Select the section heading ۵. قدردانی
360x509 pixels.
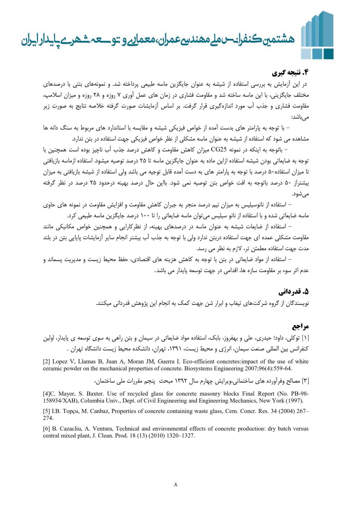coord(293,291)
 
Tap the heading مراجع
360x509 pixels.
coord(300,326)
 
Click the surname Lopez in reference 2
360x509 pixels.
coord(60,361)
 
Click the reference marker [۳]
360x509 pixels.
coord(305,381)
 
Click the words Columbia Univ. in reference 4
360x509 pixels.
coord(98,400)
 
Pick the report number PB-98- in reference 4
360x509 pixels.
coord(298,393)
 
